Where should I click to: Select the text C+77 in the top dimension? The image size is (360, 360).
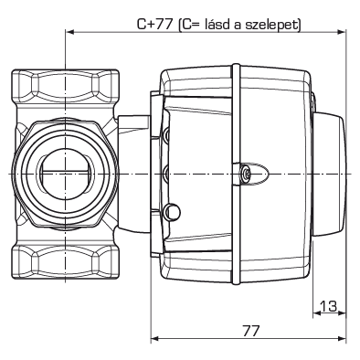coord(151,22)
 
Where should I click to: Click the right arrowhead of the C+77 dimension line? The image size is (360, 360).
coord(344,32)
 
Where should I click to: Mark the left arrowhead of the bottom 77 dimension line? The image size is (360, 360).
coord(153,342)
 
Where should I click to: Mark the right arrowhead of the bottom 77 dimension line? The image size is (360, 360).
coord(344,342)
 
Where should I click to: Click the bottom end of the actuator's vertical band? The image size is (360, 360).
coord(235,279)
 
